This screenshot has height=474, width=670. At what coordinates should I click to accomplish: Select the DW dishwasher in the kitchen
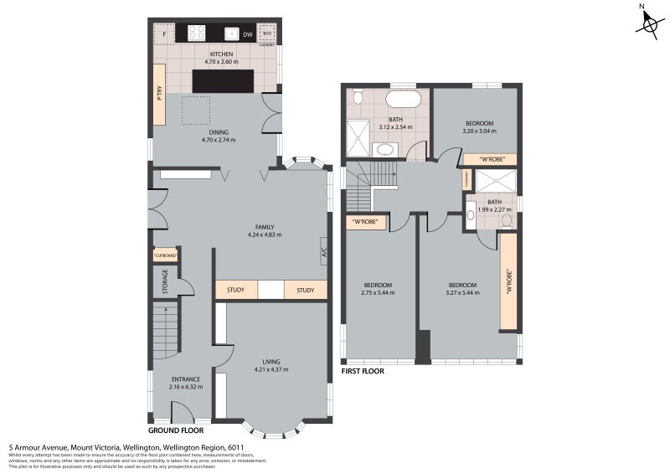tap(247, 34)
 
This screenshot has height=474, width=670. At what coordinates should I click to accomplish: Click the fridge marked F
tap(164, 34)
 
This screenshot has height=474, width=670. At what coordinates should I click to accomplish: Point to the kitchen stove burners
tap(197, 33)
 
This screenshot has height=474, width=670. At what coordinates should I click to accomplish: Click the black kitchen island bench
tap(224, 81)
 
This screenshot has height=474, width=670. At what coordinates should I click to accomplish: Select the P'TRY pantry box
tap(159, 94)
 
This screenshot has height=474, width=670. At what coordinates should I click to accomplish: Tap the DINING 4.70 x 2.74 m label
tap(218, 136)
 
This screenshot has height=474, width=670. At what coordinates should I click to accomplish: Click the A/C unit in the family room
tap(322, 251)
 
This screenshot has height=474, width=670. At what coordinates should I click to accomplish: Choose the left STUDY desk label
tap(235, 291)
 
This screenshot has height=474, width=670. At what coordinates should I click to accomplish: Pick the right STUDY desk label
tap(305, 291)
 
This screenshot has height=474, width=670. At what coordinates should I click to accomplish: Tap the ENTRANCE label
tap(185, 383)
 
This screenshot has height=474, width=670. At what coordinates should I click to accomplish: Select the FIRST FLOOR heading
tap(363, 370)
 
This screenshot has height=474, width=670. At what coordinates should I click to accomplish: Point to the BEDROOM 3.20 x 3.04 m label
tap(479, 127)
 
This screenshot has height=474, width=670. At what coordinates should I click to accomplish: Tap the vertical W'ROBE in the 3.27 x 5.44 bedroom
tap(508, 281)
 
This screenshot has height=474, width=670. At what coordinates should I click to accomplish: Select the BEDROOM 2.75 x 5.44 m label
tap(379, 289)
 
